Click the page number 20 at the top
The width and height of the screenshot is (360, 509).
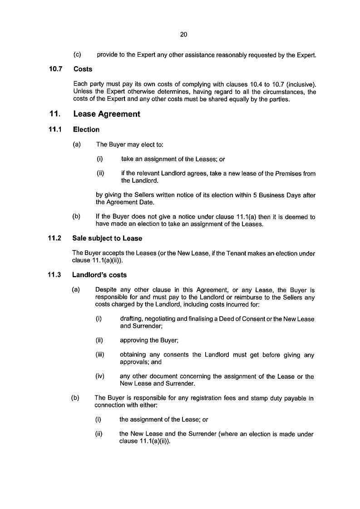[183, 34]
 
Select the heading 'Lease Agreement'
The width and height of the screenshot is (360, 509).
[107, 114]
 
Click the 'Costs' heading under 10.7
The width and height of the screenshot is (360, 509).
[83, 69]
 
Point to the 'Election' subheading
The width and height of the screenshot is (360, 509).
[86, 130]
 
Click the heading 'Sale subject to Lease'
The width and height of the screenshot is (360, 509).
[107, 239]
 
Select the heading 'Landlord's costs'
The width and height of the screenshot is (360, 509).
[100, 275]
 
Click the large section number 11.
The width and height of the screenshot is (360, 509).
[55, 114]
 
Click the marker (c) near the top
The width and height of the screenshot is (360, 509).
[77, 55]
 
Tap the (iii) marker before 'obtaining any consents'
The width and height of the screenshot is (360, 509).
[100, 355]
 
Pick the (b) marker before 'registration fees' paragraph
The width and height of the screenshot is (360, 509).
[75, 398]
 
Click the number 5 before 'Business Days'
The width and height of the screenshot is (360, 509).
[256, 195]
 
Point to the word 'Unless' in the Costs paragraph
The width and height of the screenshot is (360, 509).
[82, 91]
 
